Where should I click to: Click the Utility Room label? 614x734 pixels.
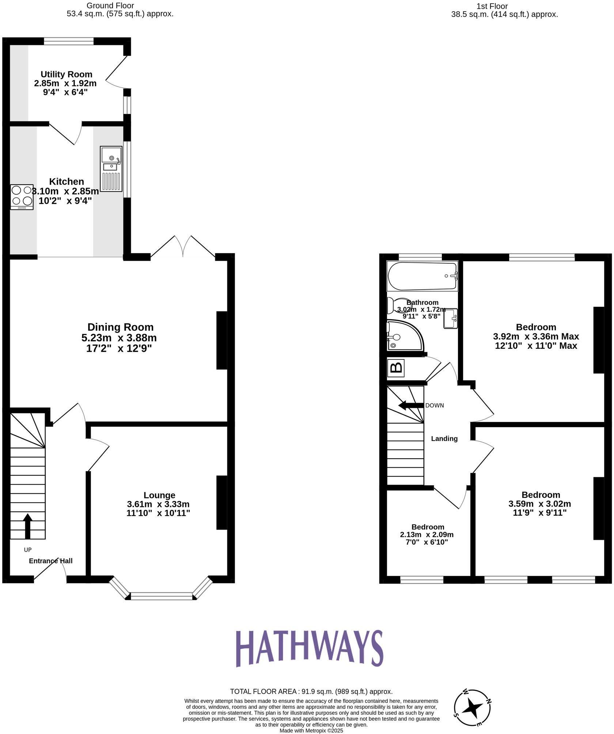coord(66,75)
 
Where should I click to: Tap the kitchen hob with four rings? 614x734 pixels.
coord(22,196)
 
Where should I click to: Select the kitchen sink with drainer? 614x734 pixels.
coord(111,169)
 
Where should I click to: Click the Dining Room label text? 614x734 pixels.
coord(120,327)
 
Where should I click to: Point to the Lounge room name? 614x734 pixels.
coord(159,495)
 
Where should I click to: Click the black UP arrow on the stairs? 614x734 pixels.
coord(27,526)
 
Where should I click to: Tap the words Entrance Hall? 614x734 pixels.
coord(51,561)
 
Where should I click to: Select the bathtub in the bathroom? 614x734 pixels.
coord(422,276)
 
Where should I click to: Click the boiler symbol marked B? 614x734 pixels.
coord(396,367)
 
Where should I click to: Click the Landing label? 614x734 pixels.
coord(444,438)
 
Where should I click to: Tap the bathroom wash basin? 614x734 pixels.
coord(450,319)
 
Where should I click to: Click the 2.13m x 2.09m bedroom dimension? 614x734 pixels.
coord(427,535)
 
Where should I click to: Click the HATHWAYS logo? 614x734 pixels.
coord(309,649)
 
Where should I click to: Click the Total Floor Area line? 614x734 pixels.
coord(311,692)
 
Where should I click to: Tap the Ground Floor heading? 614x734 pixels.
coord(110,6)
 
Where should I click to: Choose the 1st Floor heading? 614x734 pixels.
coord(492,6)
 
